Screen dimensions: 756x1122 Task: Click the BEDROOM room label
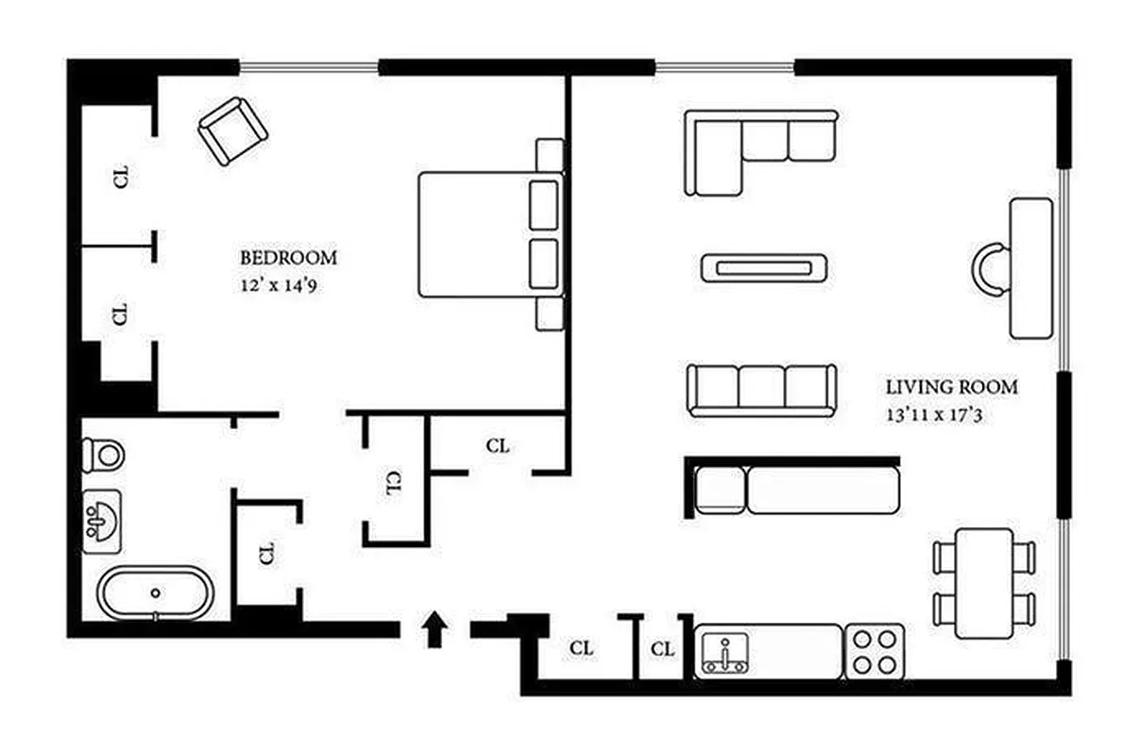coord(288,257)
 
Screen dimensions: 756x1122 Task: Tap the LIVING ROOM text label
coord(951,387)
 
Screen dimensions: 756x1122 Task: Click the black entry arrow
coord(433,629)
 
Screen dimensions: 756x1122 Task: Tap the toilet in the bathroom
coord(104,455)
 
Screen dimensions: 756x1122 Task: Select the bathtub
coord(156,593)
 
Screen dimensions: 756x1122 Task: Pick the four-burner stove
coord(874,651)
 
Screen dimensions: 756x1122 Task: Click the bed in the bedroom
coord(482,233)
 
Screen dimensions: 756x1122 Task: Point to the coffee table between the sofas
coord(764,267)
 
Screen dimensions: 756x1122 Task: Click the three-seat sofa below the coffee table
coord(761,389)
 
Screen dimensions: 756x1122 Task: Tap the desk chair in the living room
coord(990,267)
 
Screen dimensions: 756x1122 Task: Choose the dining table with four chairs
coord(983,583)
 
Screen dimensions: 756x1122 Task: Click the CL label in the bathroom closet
coord(266,553)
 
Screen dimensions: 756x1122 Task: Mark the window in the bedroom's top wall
coord(308,66)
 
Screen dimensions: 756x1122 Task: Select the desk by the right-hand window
coord(1030,267)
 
